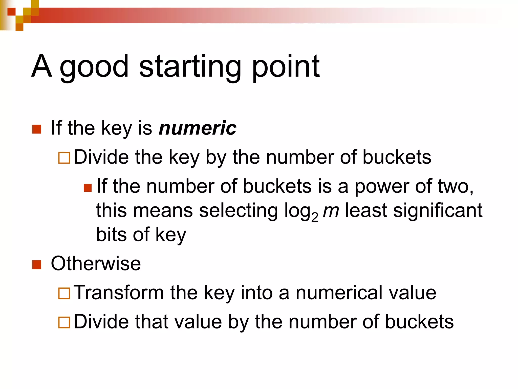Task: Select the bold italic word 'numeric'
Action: (197, 128)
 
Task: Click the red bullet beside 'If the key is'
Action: (37, 129)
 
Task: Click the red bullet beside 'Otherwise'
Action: (37, 265)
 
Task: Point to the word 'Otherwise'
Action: (96, 264)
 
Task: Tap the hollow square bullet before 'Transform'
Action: (64, 294)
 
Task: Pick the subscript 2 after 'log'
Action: (315, 217)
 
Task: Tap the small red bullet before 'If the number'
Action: (88, 188)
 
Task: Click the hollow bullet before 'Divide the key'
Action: (64, 158)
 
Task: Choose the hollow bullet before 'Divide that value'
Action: (64, 322)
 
